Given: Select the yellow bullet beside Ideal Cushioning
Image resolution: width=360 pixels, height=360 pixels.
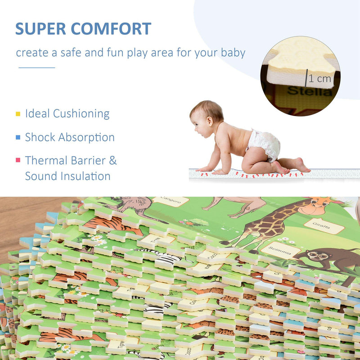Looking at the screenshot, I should (18, 114).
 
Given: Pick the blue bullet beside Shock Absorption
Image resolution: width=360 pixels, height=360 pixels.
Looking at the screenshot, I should (18, 137).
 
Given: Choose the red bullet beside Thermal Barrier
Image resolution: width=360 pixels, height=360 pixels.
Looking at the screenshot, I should (18, 160).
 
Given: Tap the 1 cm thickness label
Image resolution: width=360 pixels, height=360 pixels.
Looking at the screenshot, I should (320, 79).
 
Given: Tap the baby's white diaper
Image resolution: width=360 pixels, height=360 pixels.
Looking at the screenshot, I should (264, 144).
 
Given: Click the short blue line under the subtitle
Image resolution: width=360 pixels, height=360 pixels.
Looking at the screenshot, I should (36, 67).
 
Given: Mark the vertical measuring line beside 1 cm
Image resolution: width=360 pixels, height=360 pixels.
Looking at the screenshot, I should (307, 78).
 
